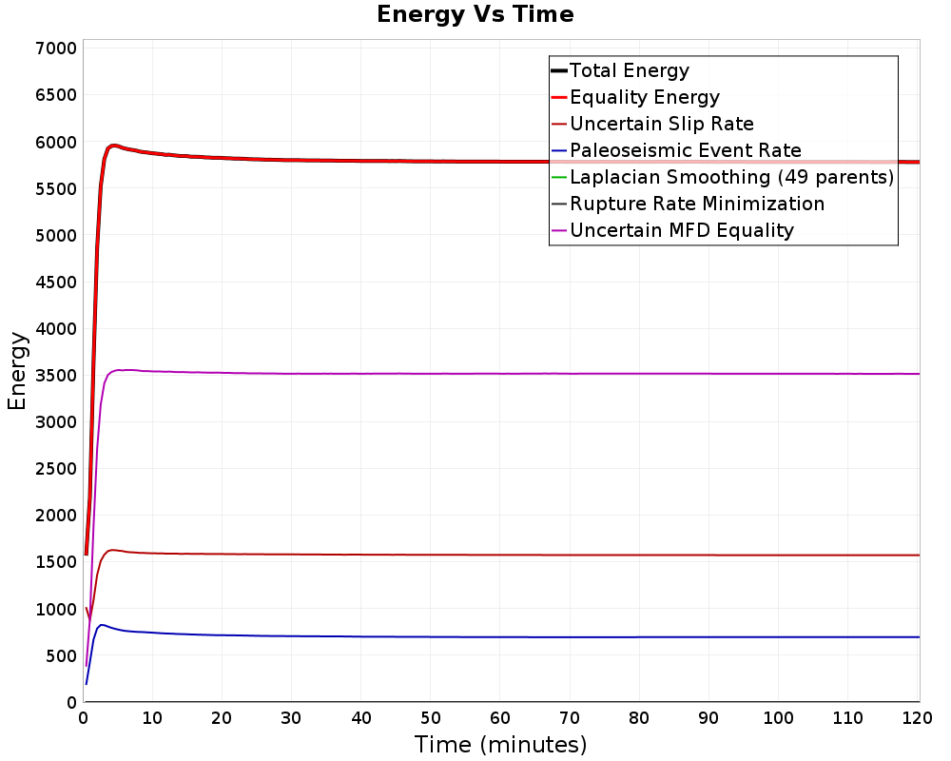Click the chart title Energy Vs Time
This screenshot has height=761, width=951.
tap(475, 14)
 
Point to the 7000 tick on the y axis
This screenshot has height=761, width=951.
tap(56, 48)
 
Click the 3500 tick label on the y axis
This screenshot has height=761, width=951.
tap(56, 375)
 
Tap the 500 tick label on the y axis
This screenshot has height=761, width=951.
tap(61, 655)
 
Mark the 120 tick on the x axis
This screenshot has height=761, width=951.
tap(917, 718)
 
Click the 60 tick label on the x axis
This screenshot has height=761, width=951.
tap(500, 718)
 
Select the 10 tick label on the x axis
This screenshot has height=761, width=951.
tap(152, 718)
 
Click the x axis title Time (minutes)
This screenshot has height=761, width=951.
tap(500, 745)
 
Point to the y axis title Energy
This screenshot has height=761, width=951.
tap(17, 371)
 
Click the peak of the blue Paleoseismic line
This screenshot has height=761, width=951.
tap(102, 624)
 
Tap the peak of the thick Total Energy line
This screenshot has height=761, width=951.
tap(113, 146)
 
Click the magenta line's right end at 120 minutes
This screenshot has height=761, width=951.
tap(920, 374)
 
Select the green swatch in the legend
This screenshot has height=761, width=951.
tap(559, 177)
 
